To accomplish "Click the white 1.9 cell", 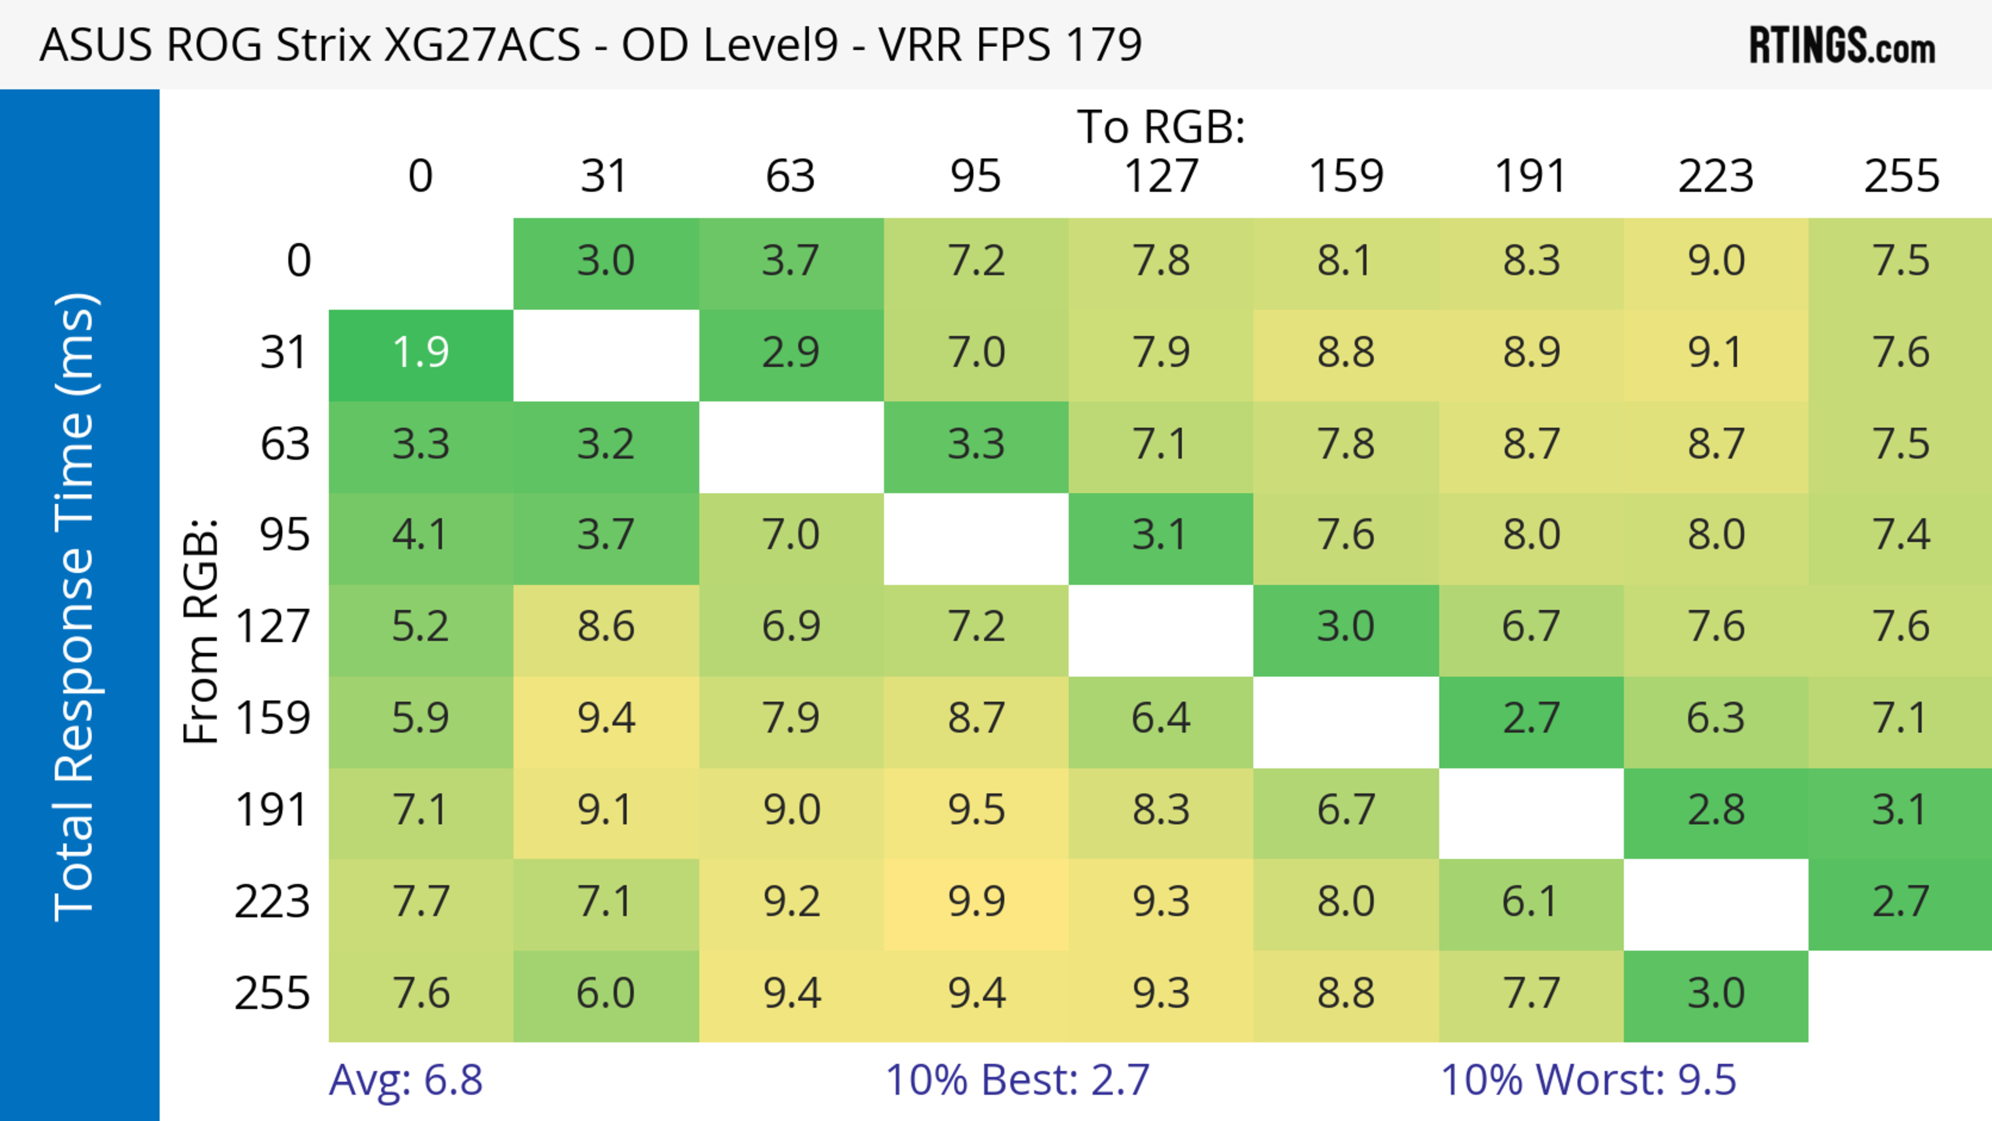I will pyautogui.click(x=421, y=353).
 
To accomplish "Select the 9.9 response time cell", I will pyautogui.click(x=976, y=902).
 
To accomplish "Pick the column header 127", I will pyautogui.click(x=1161, y=176).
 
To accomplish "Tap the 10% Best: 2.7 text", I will pyautogui.click(x=1017, y=1080).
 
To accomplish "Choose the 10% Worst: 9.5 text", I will pyautogui.click(x=1588, y=1080).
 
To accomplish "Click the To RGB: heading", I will pyautogui.click(x=1161, y=127).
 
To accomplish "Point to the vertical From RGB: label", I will pyautogui.click(x=201, y=631).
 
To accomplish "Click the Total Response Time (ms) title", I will pyautogui.click(x=76, y=607).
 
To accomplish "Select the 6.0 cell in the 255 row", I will pyautogui.click(x=605, y=993).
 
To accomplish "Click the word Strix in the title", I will pyautogui.click(x=323, y=45).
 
